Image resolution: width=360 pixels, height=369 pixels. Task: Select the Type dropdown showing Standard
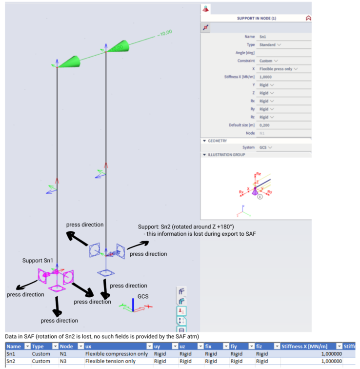click(269, 45)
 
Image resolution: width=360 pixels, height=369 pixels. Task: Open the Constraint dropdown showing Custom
click(268, 61)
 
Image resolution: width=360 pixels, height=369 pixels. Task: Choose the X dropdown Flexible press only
click(278, 69)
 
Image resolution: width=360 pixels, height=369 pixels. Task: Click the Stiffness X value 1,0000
click(267, 77)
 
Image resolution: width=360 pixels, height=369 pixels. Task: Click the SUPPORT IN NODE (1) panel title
click(256, 18)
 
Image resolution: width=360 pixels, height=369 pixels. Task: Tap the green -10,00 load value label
click(164, 33)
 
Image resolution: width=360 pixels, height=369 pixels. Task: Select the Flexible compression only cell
click(116, 353)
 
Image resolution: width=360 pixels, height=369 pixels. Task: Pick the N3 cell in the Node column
click(63, 361)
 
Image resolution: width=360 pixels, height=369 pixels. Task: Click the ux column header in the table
click(89, 346)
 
